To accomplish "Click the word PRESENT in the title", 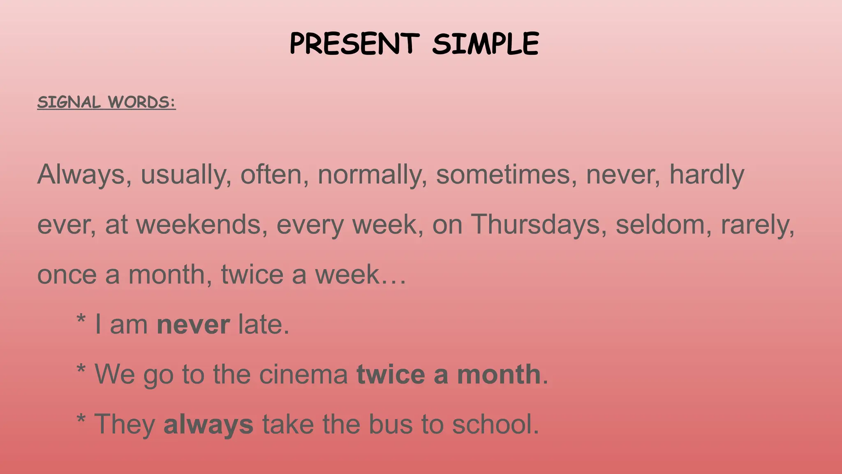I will point(354,44).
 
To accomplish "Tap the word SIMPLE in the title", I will point(485,44).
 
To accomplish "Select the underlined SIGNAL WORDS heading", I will point(106,102).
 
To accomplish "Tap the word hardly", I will point(707,175).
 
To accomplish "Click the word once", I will point(67,274).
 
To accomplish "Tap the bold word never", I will point(193,325).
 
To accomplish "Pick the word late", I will point(264,324).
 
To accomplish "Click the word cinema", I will point(303,374).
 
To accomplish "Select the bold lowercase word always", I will point(208,425).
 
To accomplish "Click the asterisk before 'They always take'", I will point(81,420).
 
